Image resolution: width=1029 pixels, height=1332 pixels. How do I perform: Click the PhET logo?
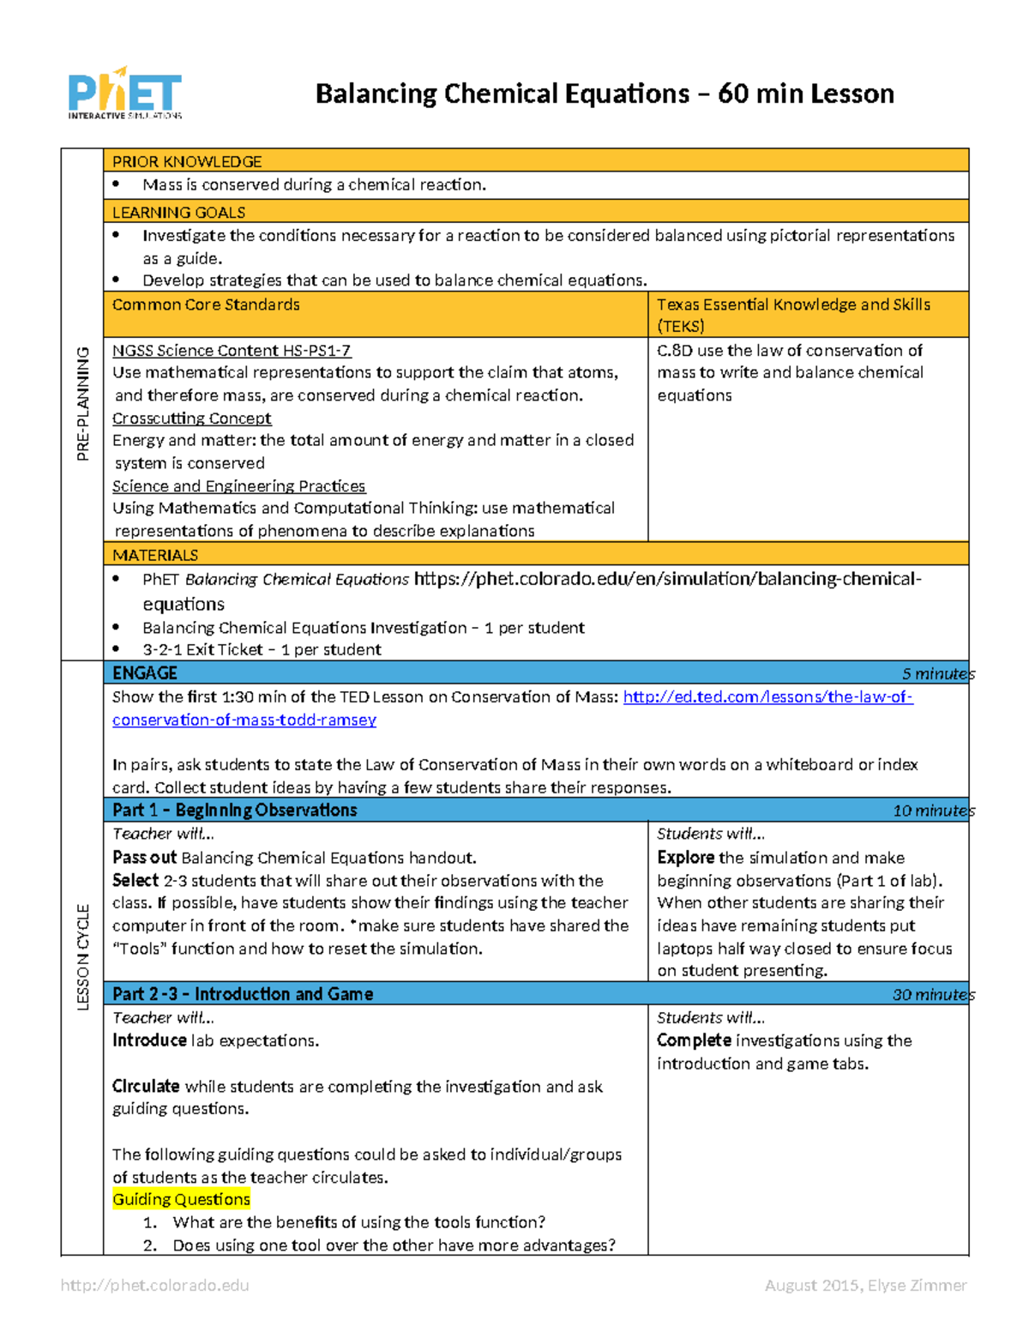(125, 93)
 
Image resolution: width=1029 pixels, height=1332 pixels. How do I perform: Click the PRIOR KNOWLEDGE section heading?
(187, 161)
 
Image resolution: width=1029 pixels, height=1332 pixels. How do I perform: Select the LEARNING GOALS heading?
(178, 212)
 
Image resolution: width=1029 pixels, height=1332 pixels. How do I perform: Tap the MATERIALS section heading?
(155, 555)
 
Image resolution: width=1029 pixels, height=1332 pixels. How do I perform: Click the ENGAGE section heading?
(145, 673)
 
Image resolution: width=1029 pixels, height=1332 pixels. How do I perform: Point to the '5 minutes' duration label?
(937, 674)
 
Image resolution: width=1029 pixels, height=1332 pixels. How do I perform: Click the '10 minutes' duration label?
(933, 811)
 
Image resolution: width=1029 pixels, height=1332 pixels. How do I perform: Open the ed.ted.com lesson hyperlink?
(767, 697)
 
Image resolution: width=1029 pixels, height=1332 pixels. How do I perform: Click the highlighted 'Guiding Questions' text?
(181, 1199)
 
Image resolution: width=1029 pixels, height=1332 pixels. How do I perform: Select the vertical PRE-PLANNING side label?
(83, 403)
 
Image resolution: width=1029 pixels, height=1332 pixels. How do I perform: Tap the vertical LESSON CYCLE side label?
(83, 956)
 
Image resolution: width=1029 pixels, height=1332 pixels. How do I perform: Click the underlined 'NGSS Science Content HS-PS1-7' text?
(232, 350)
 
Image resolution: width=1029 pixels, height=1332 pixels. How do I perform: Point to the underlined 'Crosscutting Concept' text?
(191, 418)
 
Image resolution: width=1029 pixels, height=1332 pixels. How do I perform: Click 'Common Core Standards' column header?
(206, 304)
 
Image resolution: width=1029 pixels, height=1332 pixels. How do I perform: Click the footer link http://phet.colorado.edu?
(154, 1285)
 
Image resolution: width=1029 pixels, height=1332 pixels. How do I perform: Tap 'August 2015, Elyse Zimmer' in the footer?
(865, 1285)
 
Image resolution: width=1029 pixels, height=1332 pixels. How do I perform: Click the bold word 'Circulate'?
(146, 1086)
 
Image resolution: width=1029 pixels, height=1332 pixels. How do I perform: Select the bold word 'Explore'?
(686, 858)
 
